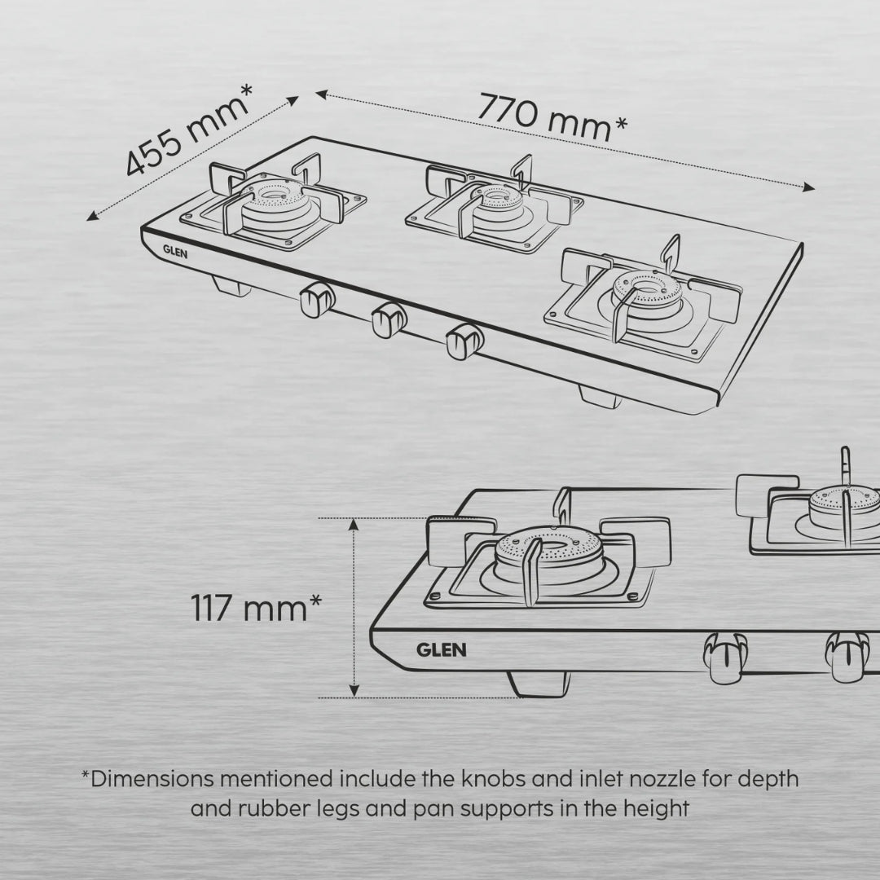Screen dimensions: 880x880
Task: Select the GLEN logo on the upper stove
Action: click(175, 252)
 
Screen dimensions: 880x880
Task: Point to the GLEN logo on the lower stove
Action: click(442, 649)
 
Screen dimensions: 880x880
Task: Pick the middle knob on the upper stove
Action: click(388, 319)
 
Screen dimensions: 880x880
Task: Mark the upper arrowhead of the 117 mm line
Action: click(354, 525)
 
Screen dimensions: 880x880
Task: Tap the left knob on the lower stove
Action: click(722, 657)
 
